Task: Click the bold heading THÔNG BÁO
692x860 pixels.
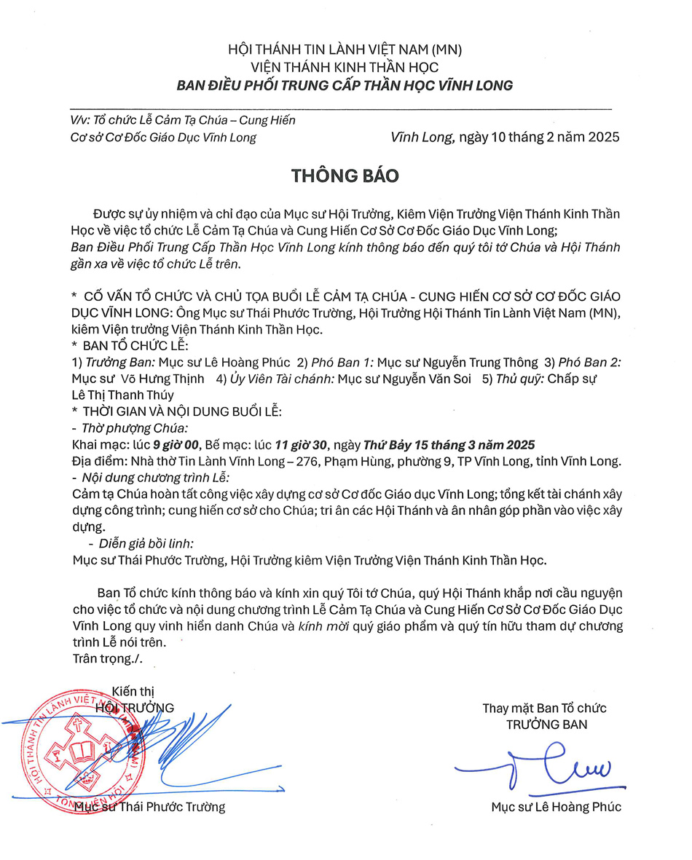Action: (x=345, y=176)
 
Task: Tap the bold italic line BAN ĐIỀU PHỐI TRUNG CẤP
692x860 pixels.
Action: (x=345, y=85)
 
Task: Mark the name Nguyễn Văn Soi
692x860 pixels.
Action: (x=432, y=379)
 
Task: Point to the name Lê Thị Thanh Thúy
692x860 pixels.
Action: (x=123, y=395)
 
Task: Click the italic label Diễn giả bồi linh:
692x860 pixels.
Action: (x=141, y=543)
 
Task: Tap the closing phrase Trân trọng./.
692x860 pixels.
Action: (x=108, y=658)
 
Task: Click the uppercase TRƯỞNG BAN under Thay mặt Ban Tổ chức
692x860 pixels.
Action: (x=546, y=725)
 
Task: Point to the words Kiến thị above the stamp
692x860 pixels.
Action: (x=133, y=692)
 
